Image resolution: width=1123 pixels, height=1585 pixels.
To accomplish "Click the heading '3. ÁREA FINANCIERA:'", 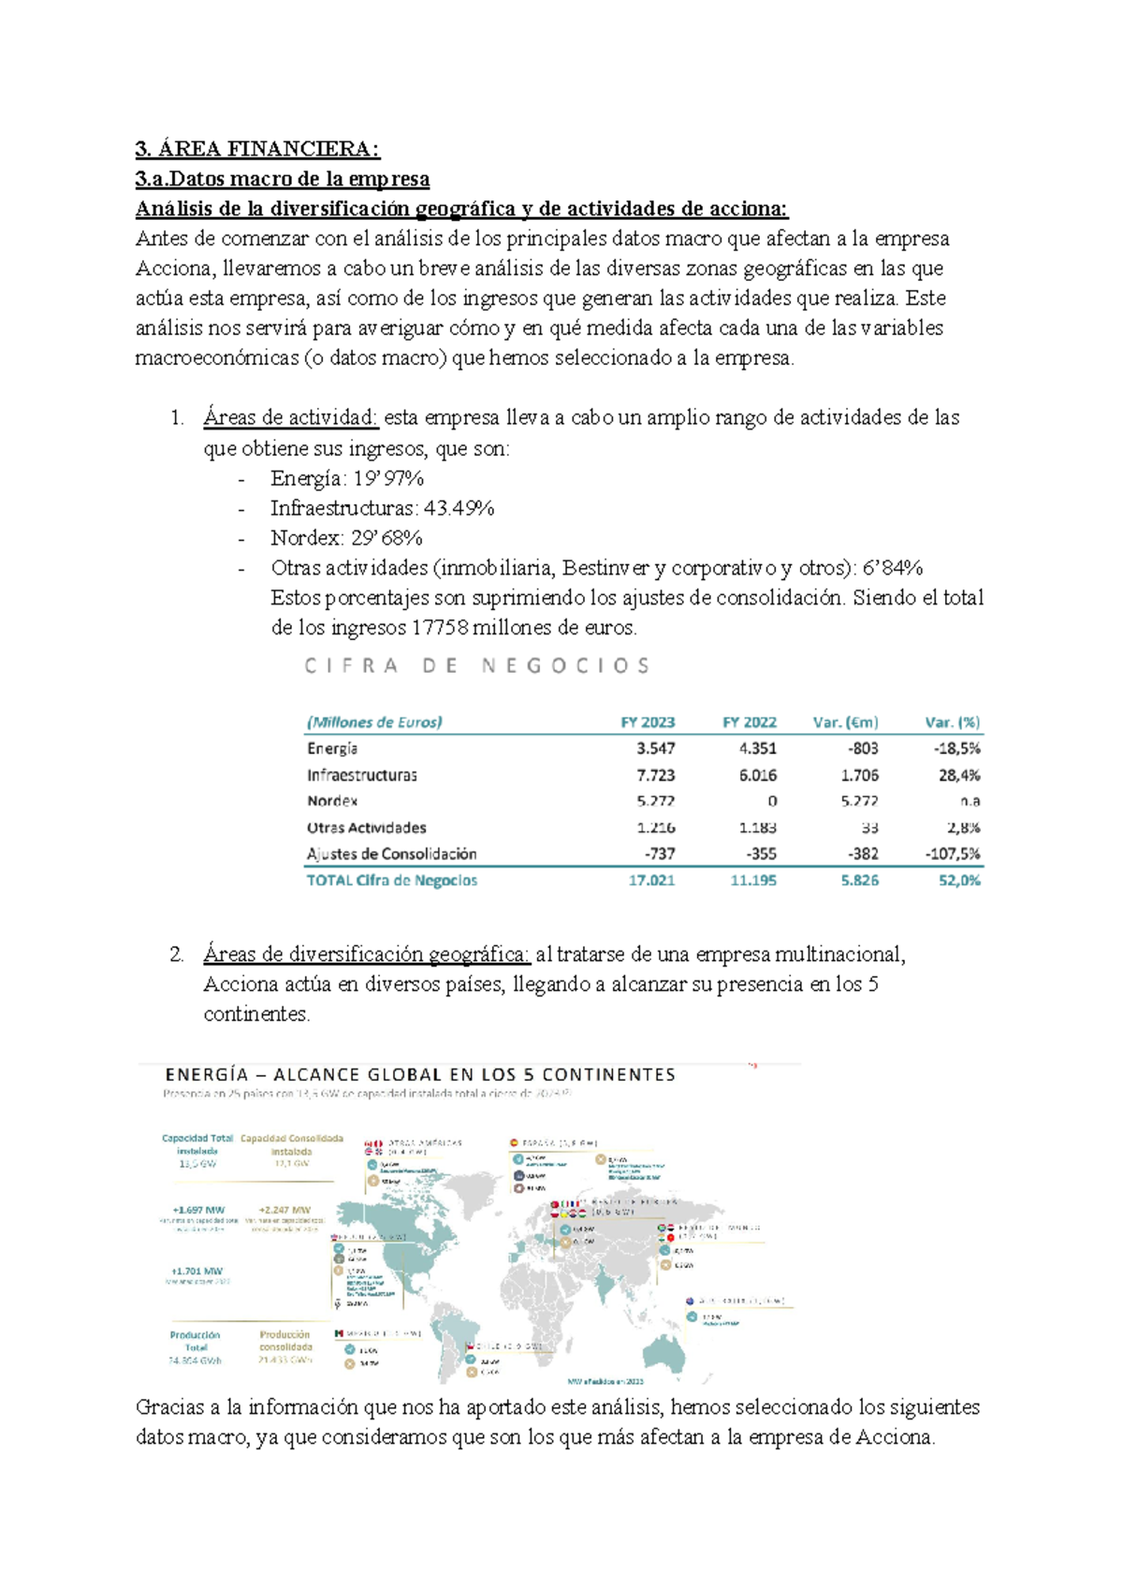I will click(257, 149).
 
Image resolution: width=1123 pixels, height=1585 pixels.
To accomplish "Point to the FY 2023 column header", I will click(648, 722).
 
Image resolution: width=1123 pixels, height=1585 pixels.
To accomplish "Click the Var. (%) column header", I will click(952, 722).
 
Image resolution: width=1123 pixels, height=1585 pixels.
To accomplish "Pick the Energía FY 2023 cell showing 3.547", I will click(655, 749).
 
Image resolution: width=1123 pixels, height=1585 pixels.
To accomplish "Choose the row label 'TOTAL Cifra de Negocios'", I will click(391, 880).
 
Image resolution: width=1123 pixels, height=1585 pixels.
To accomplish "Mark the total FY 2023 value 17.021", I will click(651, 880).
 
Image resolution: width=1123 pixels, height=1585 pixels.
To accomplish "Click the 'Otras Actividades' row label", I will click(366, 827).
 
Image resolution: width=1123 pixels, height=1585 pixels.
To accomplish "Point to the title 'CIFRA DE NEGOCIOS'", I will click(476, 666).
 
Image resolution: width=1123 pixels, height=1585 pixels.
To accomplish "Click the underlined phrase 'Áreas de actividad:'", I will click(290, 417).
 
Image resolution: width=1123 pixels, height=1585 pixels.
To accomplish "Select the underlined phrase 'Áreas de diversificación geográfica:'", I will click(366, 954).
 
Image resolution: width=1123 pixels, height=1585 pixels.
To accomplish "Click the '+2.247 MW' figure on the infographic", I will click(288, 1210).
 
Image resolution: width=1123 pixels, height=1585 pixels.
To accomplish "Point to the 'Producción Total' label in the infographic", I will click(195, 1341).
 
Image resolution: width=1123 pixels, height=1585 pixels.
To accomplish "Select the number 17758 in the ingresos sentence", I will click(440, 628).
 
